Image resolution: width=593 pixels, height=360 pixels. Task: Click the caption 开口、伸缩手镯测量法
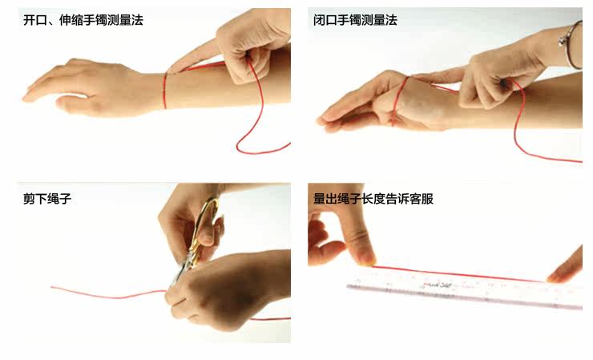(x=83, y=20)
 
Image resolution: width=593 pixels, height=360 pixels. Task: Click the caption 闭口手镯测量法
(x=355, y=20)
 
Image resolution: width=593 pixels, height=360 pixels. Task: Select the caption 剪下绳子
(x=47, y=198)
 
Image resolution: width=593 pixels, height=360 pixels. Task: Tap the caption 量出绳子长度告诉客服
(x=373, y=199)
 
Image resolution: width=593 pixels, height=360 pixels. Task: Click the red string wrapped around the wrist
(x=165, y=91)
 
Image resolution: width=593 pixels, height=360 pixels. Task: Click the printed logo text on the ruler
(x=435, y=285)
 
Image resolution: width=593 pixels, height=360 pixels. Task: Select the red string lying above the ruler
(x=459, y=273)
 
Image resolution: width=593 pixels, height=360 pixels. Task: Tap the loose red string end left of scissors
(x=108, y=293)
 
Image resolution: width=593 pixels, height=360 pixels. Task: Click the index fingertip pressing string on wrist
(x=172, y=70)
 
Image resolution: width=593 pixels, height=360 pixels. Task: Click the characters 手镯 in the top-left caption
(x=95, y=20)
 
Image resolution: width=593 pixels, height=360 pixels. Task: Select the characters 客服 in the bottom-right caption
(x=422, y=199)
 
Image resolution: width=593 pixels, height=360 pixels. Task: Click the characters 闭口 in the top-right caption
(x=325, y=20)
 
